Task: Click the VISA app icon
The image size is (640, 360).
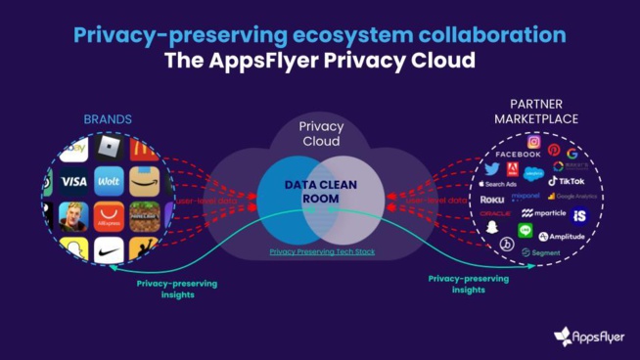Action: pyautogui.click(x=73, y=181)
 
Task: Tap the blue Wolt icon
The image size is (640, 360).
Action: pyautogui.click(x=109, y=181)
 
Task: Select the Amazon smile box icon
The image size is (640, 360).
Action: pyautogui.click(x=143, y=181)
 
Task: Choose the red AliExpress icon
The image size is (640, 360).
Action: pyautogui.click(x=109, y=216)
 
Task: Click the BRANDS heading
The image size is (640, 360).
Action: pyautogui.click(x=108, y=119)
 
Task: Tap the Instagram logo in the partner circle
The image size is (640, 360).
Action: pyautogui.click(x=534, y=141)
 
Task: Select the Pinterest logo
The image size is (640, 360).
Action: pyautogui.click(x=554, y=150)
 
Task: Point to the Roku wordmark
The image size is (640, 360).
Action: pyautogui.click(x=491, y=199)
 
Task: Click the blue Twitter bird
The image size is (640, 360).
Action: pyautogui.click(x=491, y=169)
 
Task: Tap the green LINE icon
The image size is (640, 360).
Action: pyautogui.click(x=525, y=231)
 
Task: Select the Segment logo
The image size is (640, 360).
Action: pyautogui.click(x=539, y=252)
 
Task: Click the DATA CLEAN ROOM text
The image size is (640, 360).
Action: pyautogui.click(x=321, y=191)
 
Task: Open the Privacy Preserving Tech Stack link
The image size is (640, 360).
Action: pyautogui.click(x=322, y=251)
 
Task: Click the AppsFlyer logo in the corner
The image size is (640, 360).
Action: pyautogui.click(x=588, y=337)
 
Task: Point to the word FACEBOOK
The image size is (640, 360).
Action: pyautogui.click(x=518, y=155)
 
